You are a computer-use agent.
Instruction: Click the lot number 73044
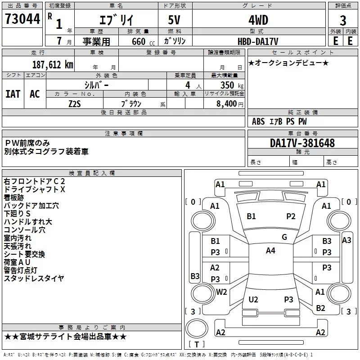pos(22,20)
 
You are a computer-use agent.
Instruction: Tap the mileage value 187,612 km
pos(53,65)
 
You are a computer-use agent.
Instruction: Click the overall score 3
pos(343,21)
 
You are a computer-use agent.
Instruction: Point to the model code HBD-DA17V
pos(258,40)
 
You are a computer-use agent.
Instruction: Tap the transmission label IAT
pos(13,94)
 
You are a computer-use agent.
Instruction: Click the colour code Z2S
pos(75,103)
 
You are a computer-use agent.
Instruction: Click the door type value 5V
pos(175,21)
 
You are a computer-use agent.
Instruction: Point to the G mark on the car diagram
pos(284,237)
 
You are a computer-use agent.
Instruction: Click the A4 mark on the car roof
pos(270,251)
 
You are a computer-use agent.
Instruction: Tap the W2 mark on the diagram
pos(221,292)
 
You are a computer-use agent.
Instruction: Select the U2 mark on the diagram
pos(253,299)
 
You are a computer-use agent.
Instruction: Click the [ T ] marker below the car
pos(196,344)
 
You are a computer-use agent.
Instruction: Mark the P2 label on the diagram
pos(291,216)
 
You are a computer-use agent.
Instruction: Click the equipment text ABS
pos(258,121)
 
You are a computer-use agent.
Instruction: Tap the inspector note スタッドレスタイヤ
pos(34,279)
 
